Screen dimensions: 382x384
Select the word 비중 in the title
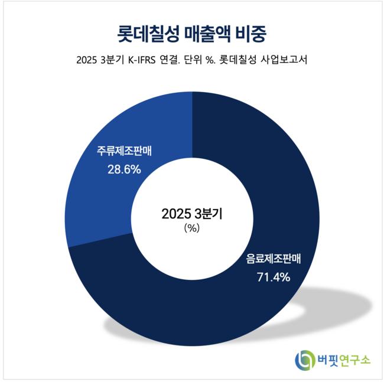(x=250, y=33)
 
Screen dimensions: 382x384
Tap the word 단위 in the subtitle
(x=204, y=61)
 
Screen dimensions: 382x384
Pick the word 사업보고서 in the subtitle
(x=284, y=61)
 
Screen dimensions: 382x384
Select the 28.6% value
(x=124, y=170)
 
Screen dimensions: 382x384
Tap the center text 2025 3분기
(x=192, y=214)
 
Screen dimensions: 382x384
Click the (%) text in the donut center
(x=192, y=228)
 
